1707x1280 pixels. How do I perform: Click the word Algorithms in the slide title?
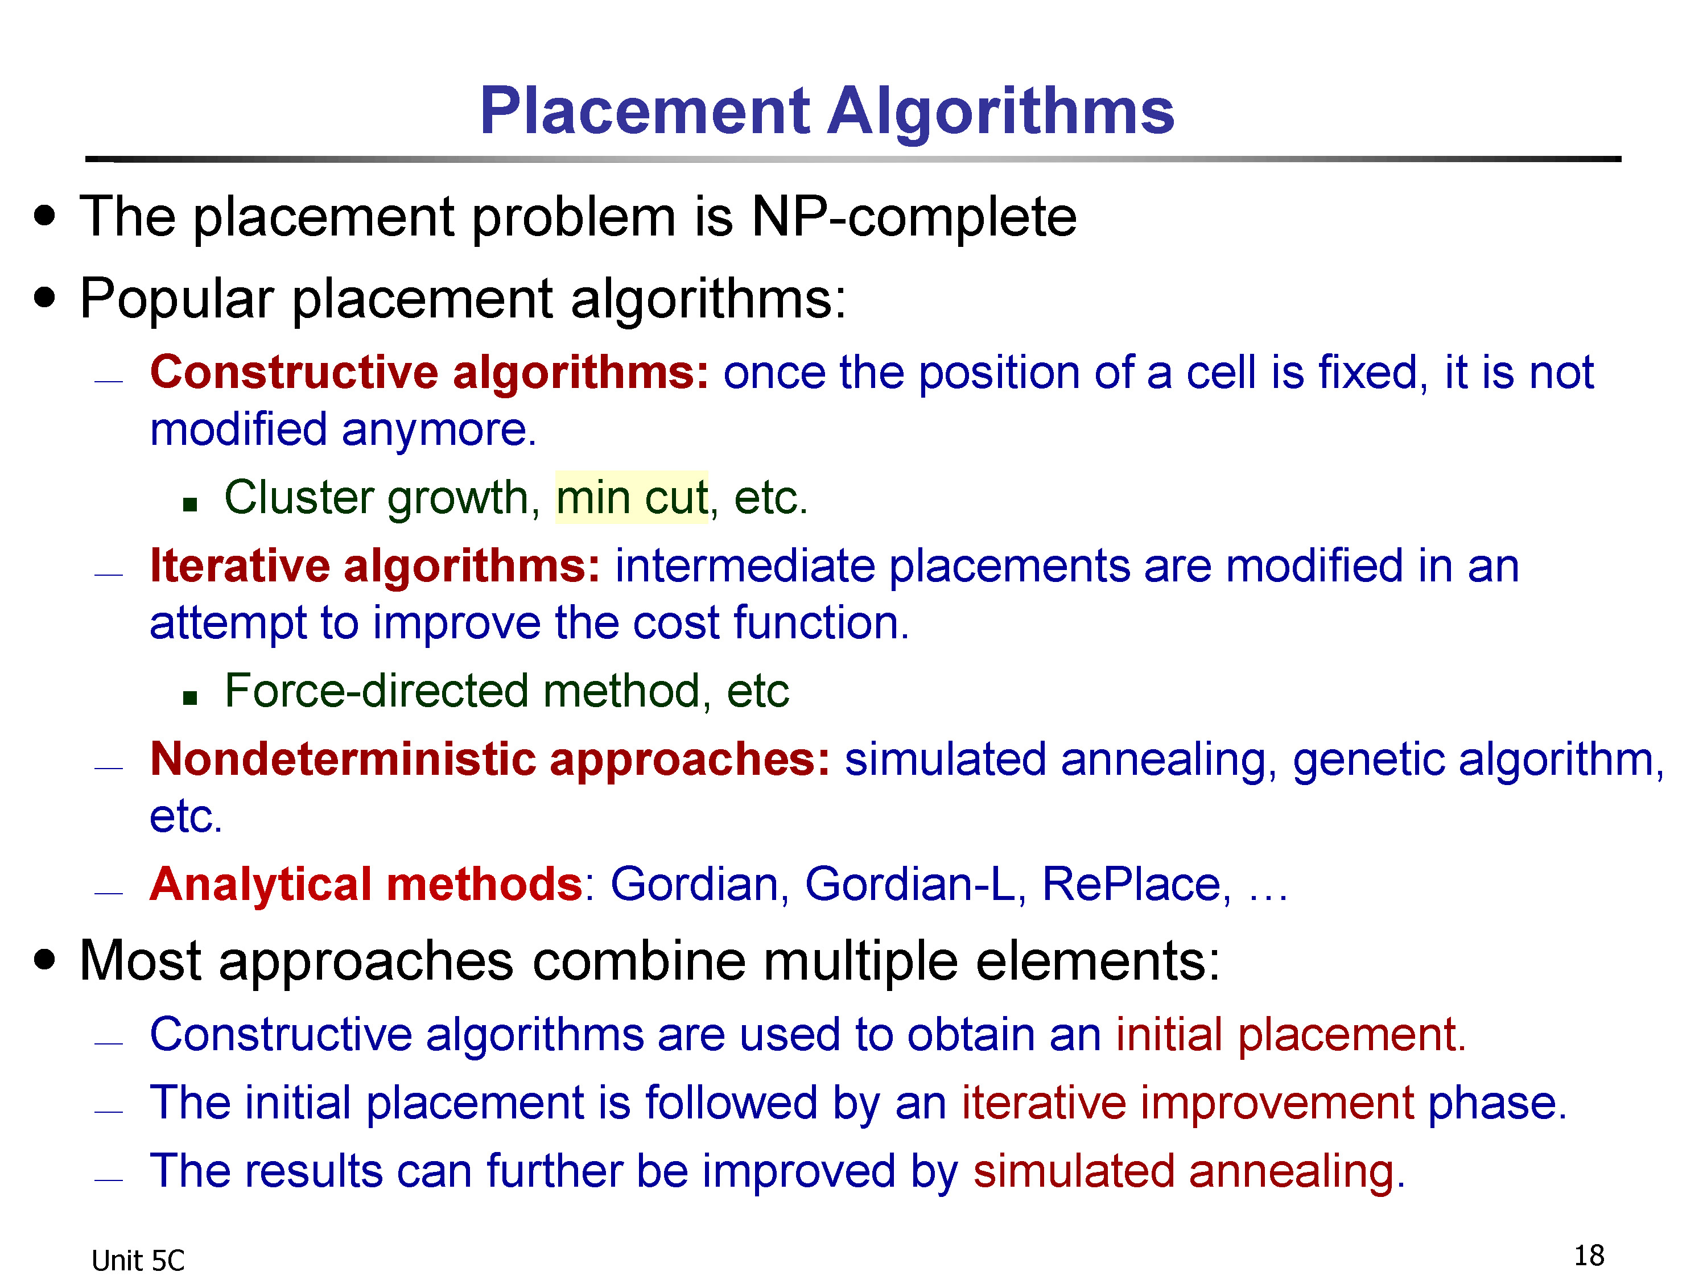coord(1001,113)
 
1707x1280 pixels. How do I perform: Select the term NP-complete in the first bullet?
coord(914,217)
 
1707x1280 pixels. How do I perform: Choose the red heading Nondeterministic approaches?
coord(490,760)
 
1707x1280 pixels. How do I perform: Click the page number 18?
coord(1589,1256)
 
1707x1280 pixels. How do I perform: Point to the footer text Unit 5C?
coord(138,1261)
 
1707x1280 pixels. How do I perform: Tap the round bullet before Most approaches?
coord(45,960)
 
